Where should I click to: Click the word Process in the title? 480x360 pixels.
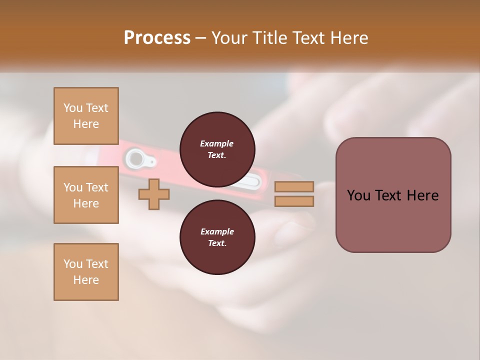[x=157, y=38]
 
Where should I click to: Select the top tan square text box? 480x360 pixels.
[x=86, y=116]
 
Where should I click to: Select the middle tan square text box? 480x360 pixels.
[x=86, y=195]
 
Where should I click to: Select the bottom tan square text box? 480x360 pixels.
[x=86, y=272]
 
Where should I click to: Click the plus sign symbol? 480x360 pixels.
[x=153, y=194]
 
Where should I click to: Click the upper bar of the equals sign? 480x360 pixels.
[x=294, y=187]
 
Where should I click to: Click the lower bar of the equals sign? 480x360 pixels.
[x=294, y=201]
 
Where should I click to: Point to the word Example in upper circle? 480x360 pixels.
[x=217, y=143]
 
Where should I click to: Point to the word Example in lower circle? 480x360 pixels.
[x=217, y=231]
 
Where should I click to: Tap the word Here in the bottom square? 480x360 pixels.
[x=86, y=280]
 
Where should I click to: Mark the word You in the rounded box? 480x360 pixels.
[x=358, y=195]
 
